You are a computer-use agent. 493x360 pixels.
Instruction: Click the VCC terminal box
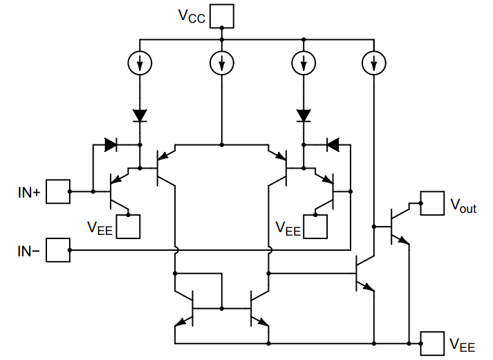pyautogui.click(x=223, y=15)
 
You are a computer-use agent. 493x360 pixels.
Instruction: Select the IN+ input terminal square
pyautogui.click(x=58, y=191)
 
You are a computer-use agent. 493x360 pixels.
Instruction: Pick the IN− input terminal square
pyautogui.click(x=58, y=250)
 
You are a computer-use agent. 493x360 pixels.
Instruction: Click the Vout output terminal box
pyautogui.click(x=434, y=203)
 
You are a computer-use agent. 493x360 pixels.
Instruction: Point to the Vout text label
pyautogui.click(x=463, y=205)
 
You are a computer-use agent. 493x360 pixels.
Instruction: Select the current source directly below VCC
pyautogui.click(x=221, y=64)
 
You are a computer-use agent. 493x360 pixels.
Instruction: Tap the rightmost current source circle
pyautogui.click(x=373, y=64)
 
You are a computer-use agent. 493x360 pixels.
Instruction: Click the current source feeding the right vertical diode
pyautogui.click(x=303, y=64)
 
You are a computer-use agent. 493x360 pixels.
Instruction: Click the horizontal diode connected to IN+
pyautogui.click(x=111, y=145)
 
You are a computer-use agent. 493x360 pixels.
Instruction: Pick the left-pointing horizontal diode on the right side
pyautogui.click(x=333, y=145)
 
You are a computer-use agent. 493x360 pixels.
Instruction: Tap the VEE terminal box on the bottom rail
pyautogui.click(x=434, y=342)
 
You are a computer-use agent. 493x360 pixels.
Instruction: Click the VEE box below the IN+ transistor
pyautogui.click(x=129, y=226)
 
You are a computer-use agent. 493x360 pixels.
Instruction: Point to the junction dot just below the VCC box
pyautogui.click(x=221, y=29)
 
